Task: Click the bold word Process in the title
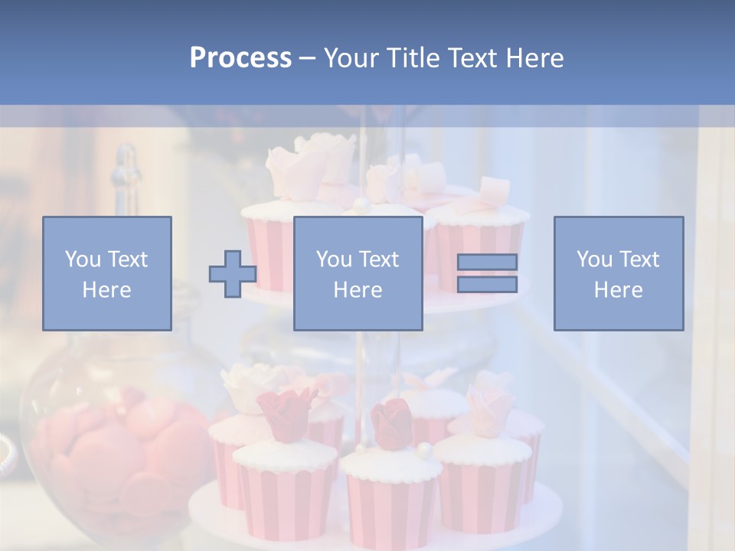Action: pos(240,58)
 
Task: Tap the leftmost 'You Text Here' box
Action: pos(107,273)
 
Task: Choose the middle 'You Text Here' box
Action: pos(358,273)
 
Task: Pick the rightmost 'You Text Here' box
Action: pos(619,273)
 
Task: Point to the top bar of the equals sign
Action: pos(487,262)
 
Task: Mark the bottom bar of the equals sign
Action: pos(487,285)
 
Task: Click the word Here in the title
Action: pos(534,58)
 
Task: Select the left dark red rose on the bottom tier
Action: pos(286,413)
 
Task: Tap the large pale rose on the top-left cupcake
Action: pos(306,161)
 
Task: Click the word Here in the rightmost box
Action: pos(619,290)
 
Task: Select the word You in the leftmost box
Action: pos(83,259)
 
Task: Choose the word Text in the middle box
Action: pos(378,259)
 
